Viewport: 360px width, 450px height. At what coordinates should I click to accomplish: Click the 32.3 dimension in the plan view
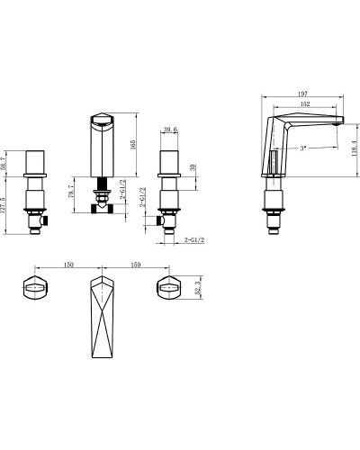tap(198, 289)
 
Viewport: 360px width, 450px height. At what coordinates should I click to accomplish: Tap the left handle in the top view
tap(33, 289)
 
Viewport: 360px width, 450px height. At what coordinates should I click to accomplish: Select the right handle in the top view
tap(169, 289)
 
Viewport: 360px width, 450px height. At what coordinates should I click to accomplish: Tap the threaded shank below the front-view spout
tap(102, 190)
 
